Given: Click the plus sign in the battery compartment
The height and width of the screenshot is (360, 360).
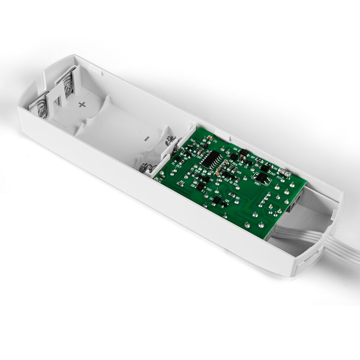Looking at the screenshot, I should coord(82,105).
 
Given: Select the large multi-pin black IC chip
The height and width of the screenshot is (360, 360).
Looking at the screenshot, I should coord(210,159).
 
